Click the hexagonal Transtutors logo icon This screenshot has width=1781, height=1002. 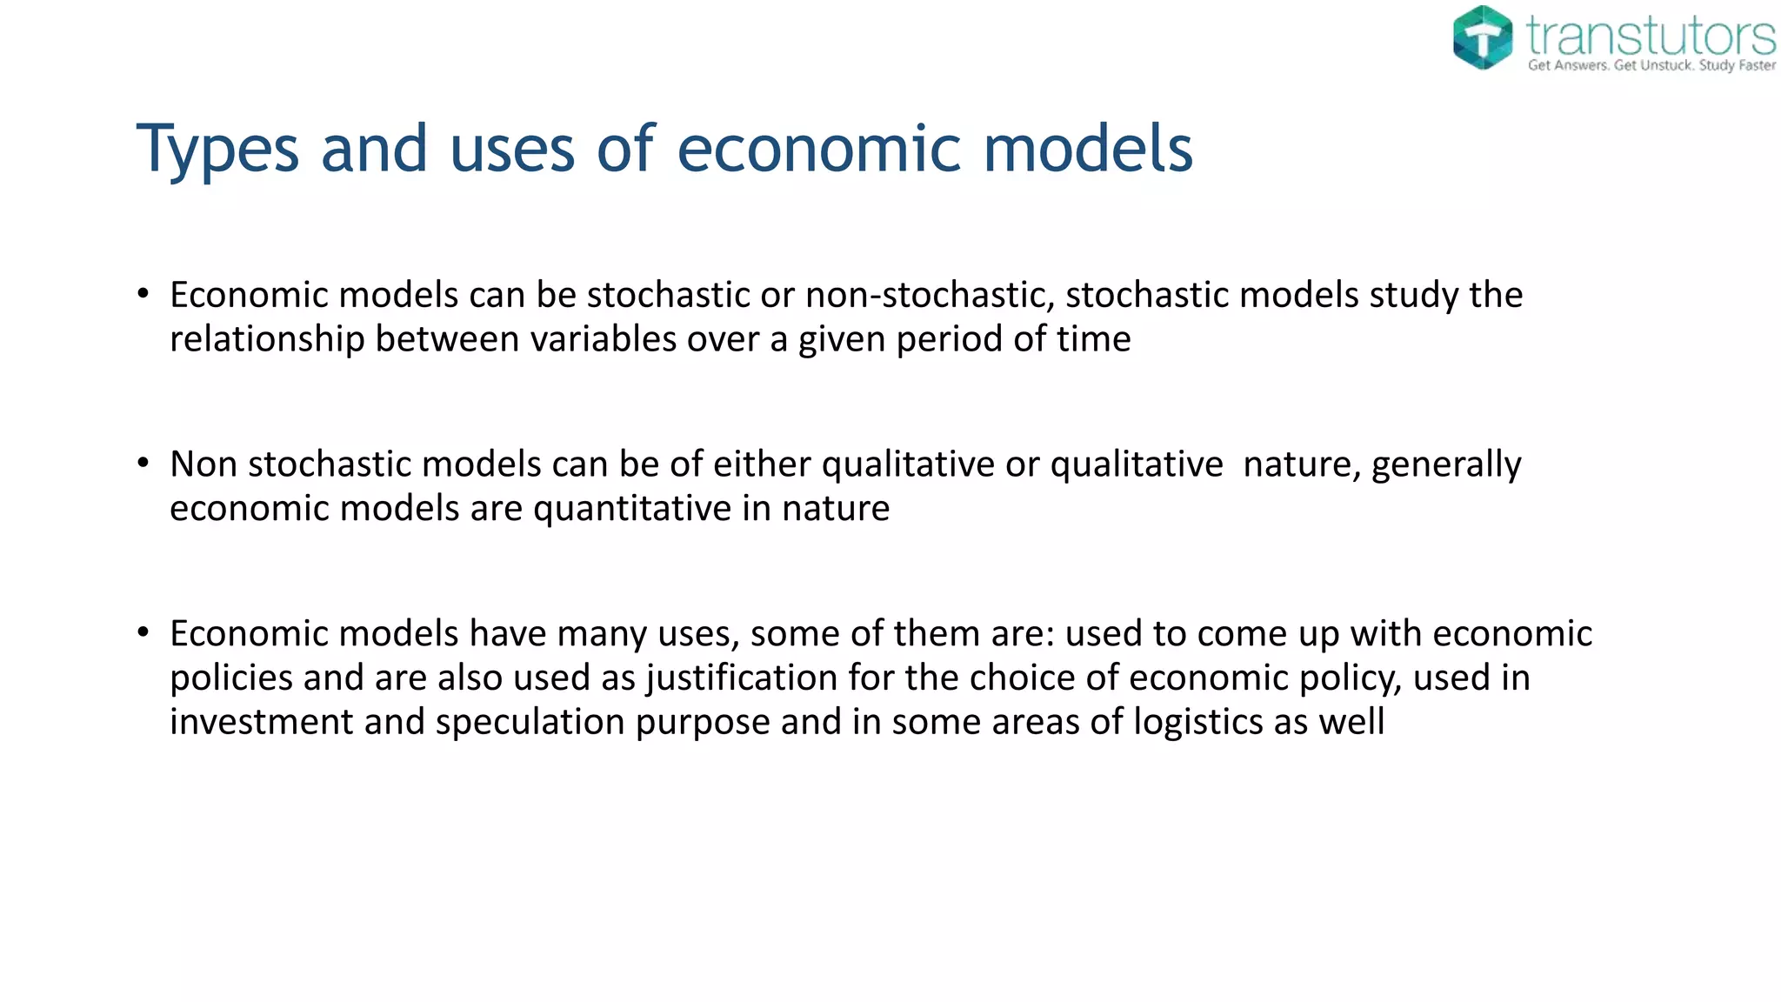point(1483,37)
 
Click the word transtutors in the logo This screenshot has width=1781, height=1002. point(1651,35)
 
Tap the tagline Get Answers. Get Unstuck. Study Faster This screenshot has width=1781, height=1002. point(1651,65)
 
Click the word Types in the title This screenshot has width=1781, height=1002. point(217,150)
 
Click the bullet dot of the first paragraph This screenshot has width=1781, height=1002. point(143,294)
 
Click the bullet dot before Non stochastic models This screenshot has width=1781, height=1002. point(143,463)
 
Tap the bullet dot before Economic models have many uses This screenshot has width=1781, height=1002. point(143,632)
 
